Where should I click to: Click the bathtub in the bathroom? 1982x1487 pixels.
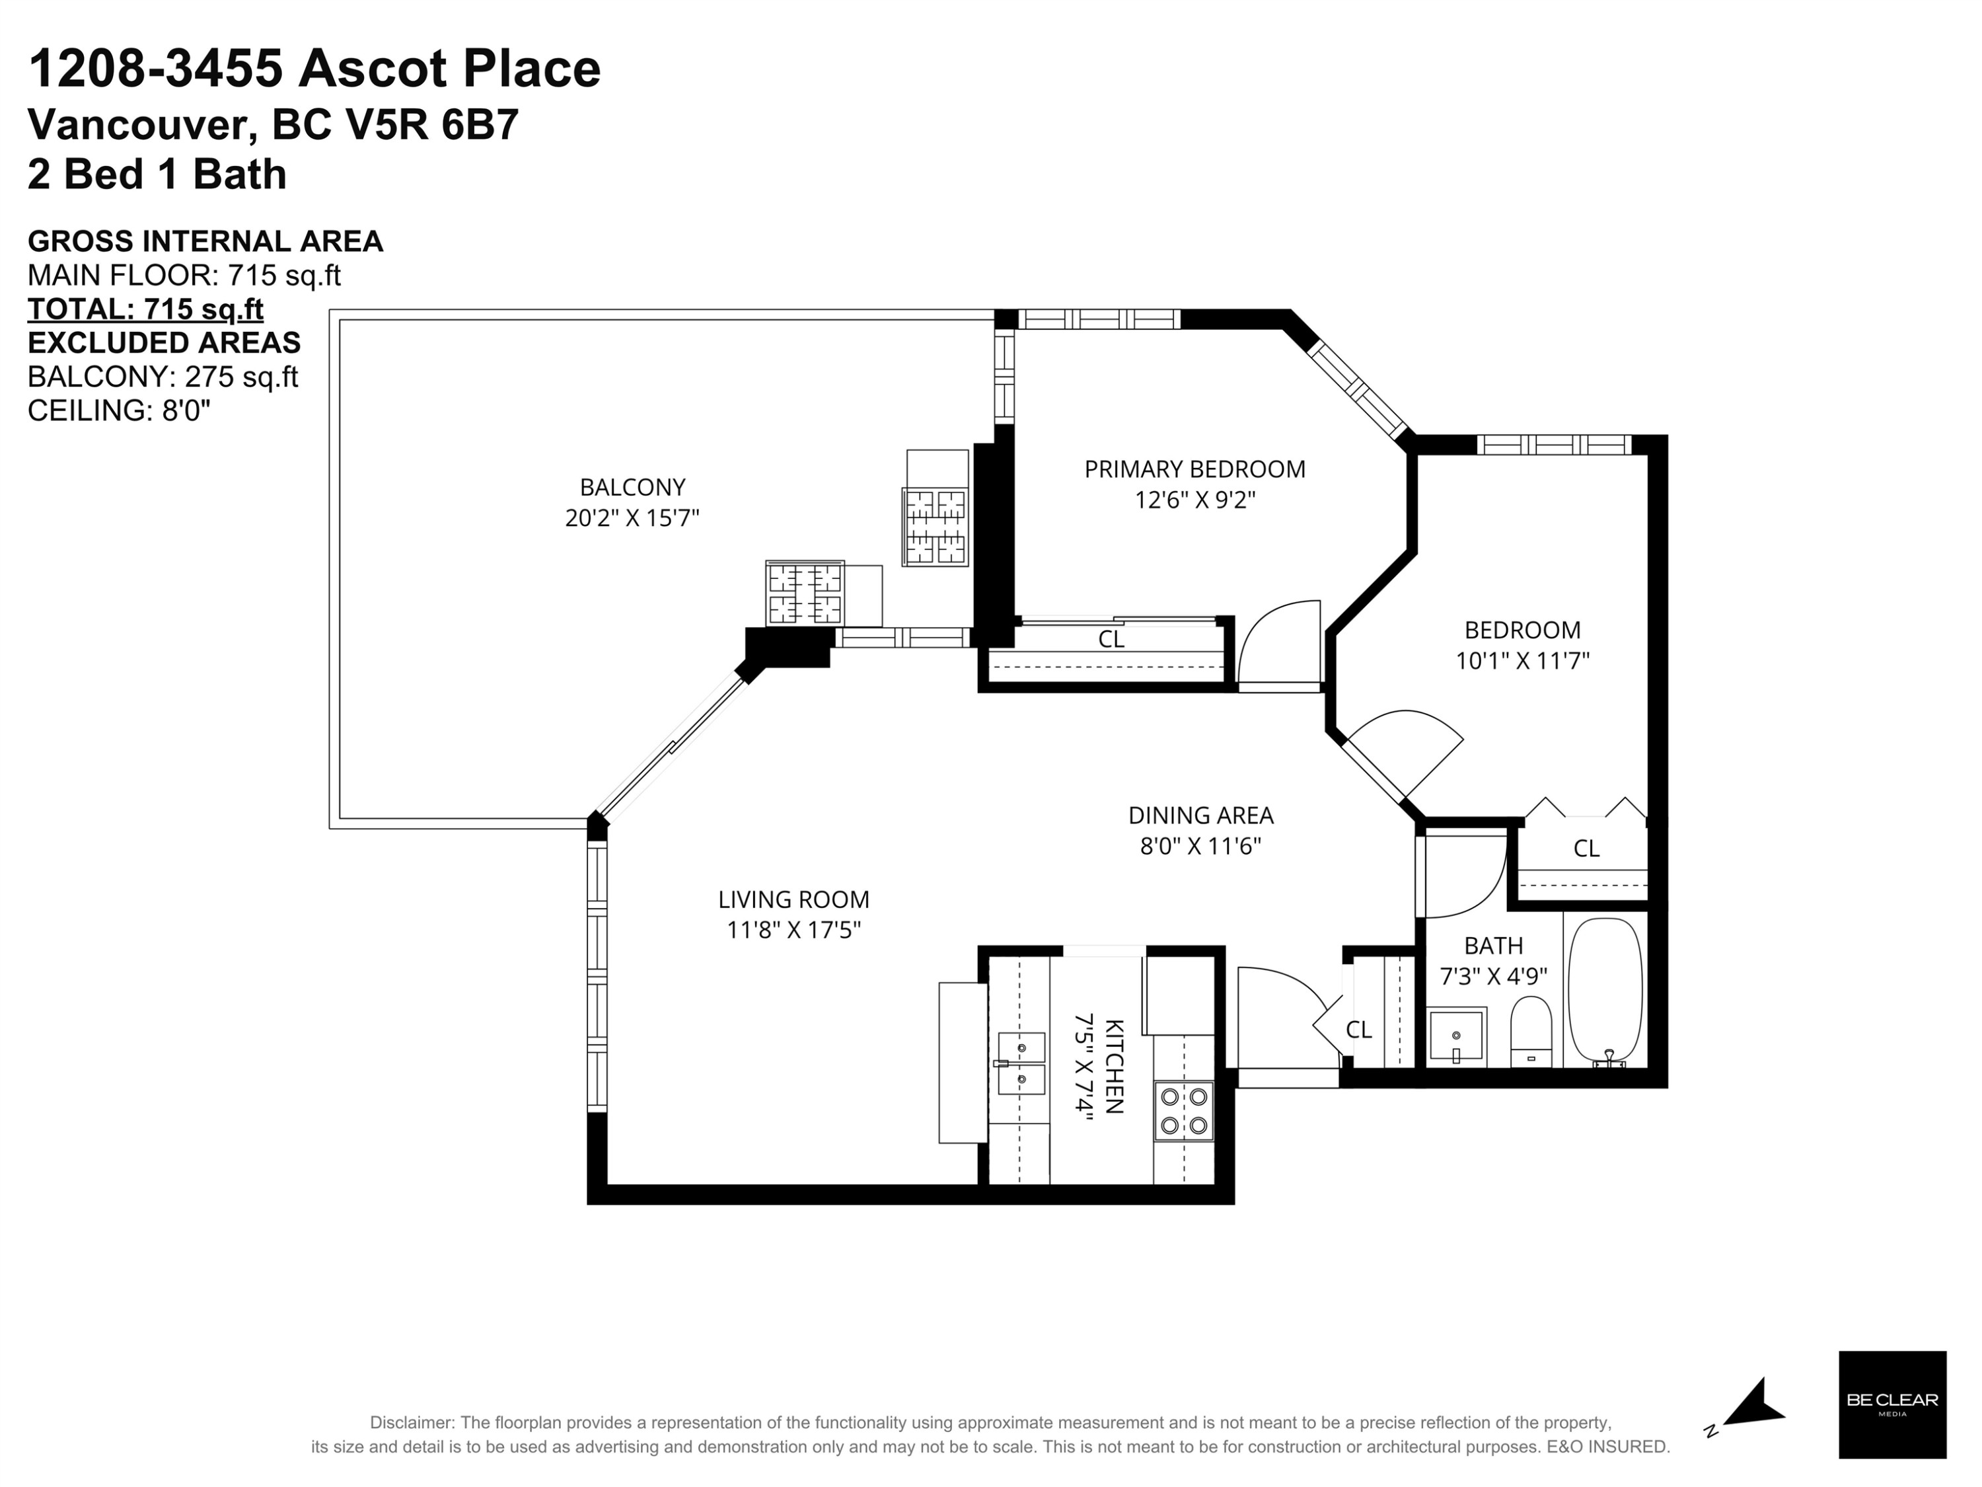pyautogui.click(x=1605, y=992)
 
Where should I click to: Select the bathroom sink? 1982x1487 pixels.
pyautogui.click(x=1456, y=1036)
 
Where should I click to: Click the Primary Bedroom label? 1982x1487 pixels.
pyautogui.click(x=1194, y=469)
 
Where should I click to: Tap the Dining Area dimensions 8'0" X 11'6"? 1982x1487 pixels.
pyautogui.click(x=1200, y=846)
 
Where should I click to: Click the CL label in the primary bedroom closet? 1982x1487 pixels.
pyautogui.click(x=1111, y=639)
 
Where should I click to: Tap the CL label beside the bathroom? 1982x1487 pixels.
pyautogui.click(x=1358, y=1030)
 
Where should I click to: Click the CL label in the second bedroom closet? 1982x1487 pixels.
pyautogui.click(x=1586, y=848)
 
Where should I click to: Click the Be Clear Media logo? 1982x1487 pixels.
pyautogui.click(x=1892, y=1404)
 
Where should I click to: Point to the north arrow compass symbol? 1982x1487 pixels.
pyautogui.click(x=1747, y=1406)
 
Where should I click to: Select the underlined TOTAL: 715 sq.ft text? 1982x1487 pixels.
pyautogui.click(x=145, y=309)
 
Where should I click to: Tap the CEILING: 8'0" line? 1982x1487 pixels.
pyautogui.click(x=119, y=410)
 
